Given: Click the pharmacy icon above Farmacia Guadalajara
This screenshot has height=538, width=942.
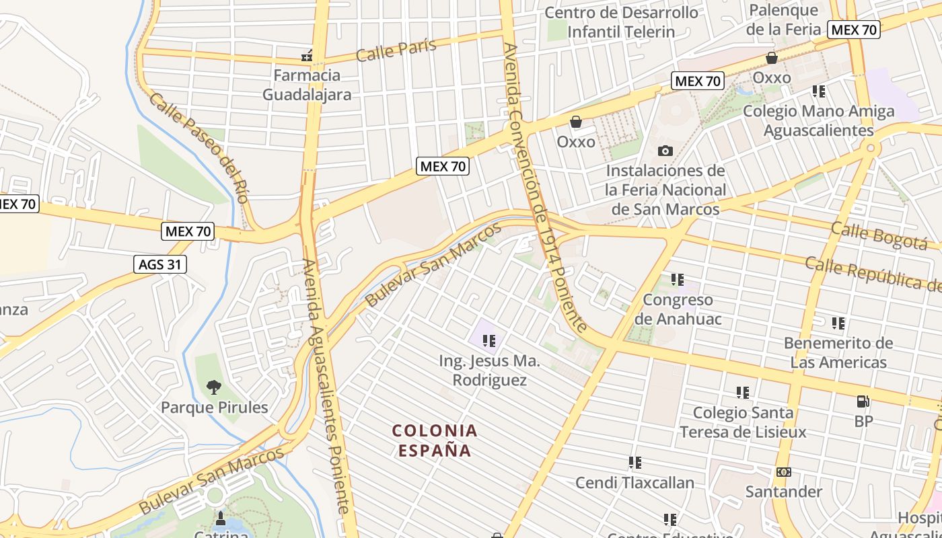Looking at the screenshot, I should pos(307,56).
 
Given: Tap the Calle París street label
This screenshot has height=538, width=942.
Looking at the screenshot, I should pos(396,50).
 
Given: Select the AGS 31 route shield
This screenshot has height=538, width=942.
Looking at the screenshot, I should pos(159,264).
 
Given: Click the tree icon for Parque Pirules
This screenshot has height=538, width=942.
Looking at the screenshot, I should pos(214,387).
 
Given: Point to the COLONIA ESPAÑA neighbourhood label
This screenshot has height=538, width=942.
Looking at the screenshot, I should pos(435,440).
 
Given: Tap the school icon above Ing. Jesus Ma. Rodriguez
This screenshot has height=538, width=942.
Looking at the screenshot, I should pos(489,341).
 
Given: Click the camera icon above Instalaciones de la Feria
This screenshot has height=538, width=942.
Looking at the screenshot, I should pos(665,151).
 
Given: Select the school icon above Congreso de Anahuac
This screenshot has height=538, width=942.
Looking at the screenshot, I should pos(677,279).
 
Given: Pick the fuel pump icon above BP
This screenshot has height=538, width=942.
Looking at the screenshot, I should pos(863,401).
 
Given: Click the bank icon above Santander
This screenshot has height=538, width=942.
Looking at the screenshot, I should pos(783,472).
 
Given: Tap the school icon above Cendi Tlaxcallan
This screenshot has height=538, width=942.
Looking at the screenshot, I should pos(635,463).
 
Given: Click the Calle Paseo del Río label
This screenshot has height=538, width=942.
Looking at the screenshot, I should pos(199,148).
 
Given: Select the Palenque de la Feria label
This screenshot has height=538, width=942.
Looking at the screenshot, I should pos(783,20).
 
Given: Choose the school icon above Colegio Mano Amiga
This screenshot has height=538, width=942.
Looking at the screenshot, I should pos(818,91).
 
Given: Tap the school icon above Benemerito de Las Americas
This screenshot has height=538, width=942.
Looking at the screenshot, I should pos(838,323).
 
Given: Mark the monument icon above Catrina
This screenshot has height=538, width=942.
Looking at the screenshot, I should pos(220,518).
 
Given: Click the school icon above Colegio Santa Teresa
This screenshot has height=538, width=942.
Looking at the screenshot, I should pos(742,392).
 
